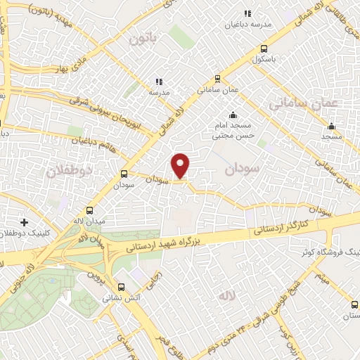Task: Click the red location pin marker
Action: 181,165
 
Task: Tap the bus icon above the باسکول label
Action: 264,49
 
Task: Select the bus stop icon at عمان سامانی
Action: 218,79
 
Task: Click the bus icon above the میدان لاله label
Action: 89,210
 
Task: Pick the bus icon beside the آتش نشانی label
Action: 122,287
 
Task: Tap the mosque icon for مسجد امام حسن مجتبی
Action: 233,116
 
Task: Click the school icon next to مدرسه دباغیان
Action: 247,13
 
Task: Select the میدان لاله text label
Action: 90,221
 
